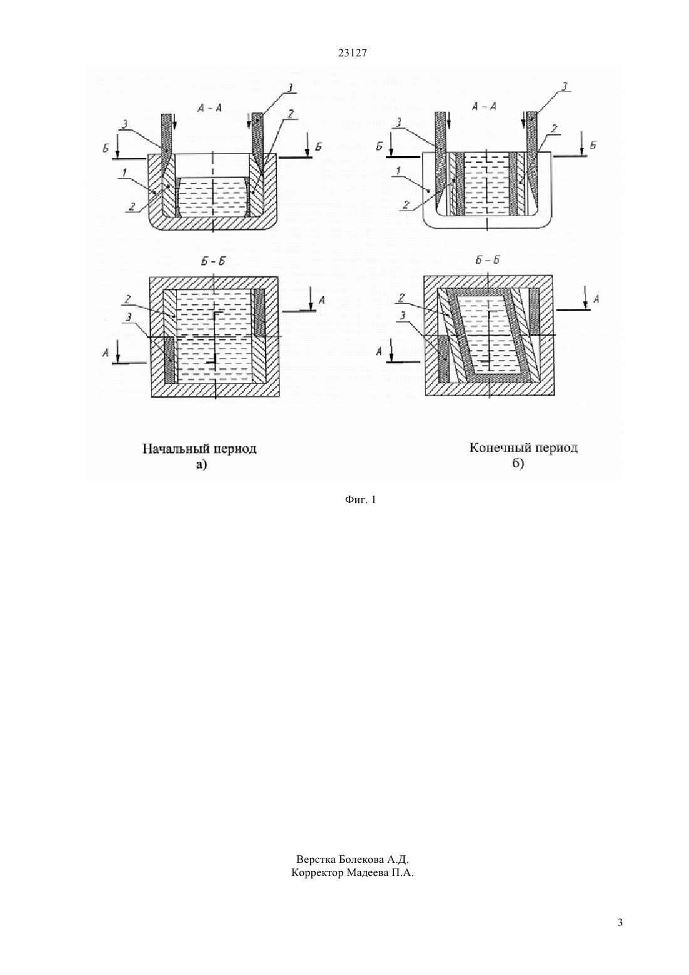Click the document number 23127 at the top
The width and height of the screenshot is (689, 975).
(x=352, y=53)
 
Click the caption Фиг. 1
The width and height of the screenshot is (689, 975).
(x=360, y=499)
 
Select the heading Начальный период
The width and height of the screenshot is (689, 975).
(x=200, y=449)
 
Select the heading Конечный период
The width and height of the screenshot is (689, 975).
(x=524, y=447)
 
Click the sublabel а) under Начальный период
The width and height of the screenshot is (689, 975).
(x=201, y=465)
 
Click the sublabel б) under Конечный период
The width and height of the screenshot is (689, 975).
(x=517, y=464)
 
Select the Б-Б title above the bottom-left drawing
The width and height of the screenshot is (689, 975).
(x=215, y=261)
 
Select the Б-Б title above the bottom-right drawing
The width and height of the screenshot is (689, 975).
(x=487, y=260)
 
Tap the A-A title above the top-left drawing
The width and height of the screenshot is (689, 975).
(x=210, y=108)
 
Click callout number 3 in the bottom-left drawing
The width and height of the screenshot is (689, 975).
(x=129, y=318)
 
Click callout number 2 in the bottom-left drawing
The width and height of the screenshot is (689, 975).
(x=128, y=299)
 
